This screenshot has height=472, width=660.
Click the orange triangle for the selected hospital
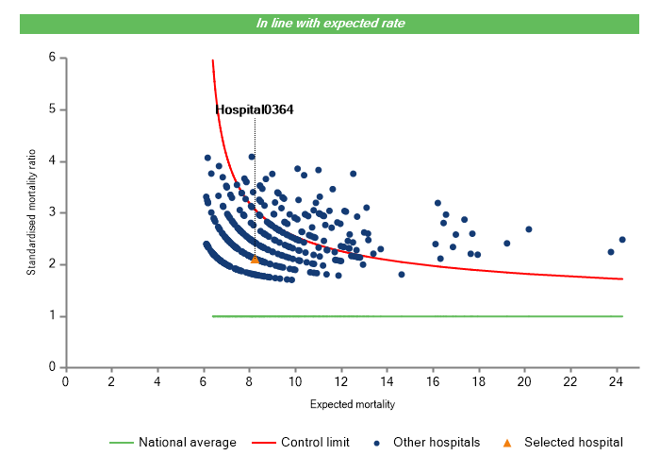[255, 259]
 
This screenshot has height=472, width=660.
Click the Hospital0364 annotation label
[255, 110]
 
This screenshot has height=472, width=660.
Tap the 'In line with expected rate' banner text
[331, 23]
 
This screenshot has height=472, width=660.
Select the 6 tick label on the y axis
[52, 59]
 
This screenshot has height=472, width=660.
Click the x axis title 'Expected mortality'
[353, 404]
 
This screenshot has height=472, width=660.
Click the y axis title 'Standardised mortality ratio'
[31, 212]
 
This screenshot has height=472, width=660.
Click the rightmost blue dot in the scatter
[622, 240]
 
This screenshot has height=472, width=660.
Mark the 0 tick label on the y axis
[52, 367]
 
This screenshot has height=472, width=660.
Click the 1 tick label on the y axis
[52, 316]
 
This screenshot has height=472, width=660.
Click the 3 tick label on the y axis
[52, 213]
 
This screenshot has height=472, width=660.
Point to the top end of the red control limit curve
[212, 60]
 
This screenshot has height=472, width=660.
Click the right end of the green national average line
[622, 316]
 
